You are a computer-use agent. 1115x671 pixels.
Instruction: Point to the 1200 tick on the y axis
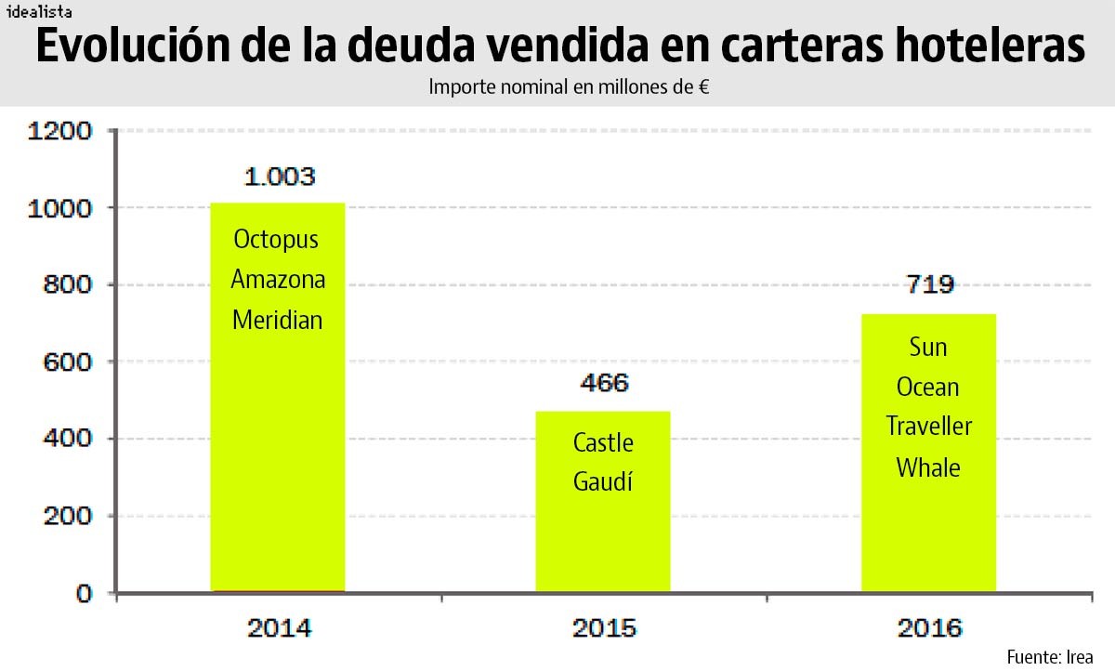(x=60, y=131)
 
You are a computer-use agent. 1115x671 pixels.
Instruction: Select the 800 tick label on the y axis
(x=68, y=285)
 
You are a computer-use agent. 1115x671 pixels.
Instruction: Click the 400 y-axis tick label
(x=68, y=439)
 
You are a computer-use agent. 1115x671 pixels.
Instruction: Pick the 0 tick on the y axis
(x=85, y=593)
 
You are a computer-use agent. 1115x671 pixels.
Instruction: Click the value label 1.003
(x=279, y=177)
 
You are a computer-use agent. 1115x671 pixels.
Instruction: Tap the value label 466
(x=604, y=383)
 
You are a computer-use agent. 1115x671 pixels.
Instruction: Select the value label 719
(x=929, y=284)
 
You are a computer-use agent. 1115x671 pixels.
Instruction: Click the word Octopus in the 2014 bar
(x=276, y=240)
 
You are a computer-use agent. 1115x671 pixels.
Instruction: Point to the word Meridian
(x=277, y=321)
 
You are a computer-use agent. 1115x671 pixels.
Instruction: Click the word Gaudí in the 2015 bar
(x=602, y=482)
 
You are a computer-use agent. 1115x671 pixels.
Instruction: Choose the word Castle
(x=603, y=442)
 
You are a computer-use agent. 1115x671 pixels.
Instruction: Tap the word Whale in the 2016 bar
(x=928, y=467)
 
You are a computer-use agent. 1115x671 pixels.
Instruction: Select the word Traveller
(x=928, y=427)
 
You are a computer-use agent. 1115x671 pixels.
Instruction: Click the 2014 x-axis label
(x=279, y=629)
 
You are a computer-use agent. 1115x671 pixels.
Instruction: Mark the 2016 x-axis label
(x=929, y=629)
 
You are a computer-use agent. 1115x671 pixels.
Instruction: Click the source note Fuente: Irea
(x=1050, y=656)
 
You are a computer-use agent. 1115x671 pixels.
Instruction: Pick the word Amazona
(x=278, y=280)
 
